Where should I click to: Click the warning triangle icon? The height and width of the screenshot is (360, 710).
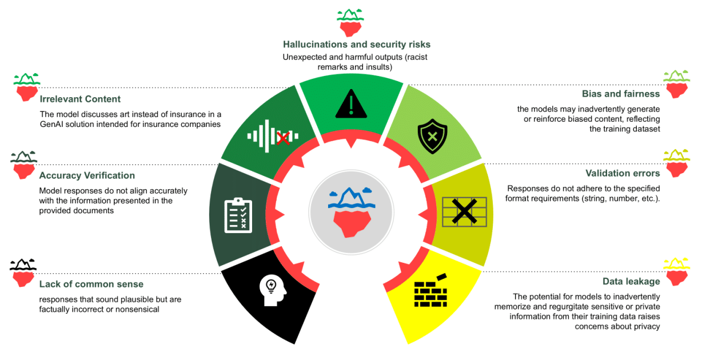tap(351, 103)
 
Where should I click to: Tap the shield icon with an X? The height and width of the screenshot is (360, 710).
tap(432, 136)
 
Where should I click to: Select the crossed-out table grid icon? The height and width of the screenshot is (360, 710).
tap(464, 211)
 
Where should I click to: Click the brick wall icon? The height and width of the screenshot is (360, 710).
tap(431, 290)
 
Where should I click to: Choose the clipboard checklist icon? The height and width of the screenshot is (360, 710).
tap(238, 215)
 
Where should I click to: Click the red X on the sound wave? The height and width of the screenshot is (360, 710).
tap(283, 138)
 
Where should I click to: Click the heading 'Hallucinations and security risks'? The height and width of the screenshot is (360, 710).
tap(357, 45)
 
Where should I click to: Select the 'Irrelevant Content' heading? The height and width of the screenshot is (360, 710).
tap(80, 99)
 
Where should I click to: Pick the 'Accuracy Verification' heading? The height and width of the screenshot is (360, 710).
tap(87, 175)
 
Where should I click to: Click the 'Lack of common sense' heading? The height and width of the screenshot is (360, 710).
tap(91, 284)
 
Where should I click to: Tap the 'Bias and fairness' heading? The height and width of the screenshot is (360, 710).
tap(621, 94)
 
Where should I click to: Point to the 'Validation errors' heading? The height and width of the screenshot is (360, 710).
tap(623, 173)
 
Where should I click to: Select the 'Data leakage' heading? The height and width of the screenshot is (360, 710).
tap(631, 281)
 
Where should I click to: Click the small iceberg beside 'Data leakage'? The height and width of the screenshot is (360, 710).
tap(677, 272)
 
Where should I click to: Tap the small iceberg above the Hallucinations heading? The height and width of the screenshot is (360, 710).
tap(350, 23)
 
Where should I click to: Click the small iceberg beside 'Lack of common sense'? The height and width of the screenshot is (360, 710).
tap(23, 273)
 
